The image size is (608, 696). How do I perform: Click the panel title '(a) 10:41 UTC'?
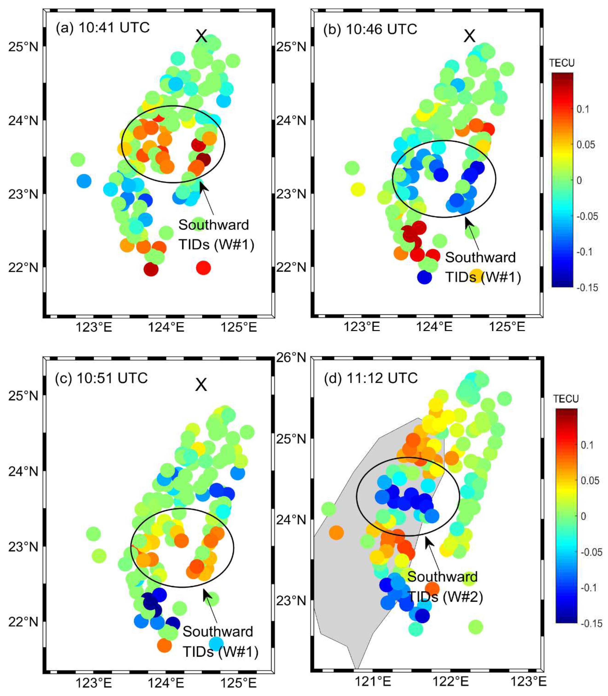[103, 27]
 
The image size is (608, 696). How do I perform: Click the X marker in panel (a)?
[201, 36]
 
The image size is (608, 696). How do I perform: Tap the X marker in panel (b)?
[470, 36]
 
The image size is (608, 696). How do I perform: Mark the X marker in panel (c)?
[201, 385]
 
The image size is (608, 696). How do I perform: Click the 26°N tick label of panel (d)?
[291, 357]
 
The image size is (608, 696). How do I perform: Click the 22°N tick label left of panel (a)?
[23, 268]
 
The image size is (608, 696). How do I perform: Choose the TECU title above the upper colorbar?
[561, 63]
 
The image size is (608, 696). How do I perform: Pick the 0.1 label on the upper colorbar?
[583, 109]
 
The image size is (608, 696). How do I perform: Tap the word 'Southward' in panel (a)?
[214, 225]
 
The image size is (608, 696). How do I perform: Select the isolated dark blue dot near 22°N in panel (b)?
[424, 277]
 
